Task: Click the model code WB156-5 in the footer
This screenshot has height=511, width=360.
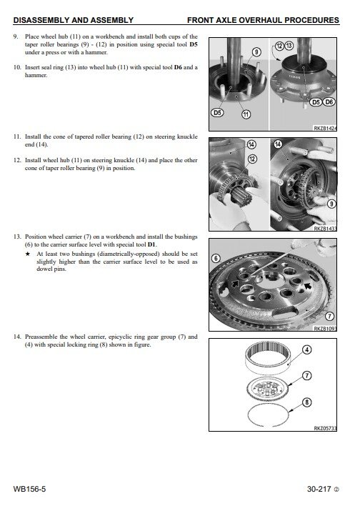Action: pyautogui.click(x=30, y=489)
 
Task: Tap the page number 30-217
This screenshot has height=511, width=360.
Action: pyautogui.click(x=319, y=489)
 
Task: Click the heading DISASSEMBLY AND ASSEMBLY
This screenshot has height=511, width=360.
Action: pyautogui.click(x=74, y=20)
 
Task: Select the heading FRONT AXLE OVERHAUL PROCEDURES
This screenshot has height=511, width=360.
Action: pyautogui.click(x=264, y=20)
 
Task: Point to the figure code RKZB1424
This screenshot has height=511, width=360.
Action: pyautogui.click(x=325, y=129)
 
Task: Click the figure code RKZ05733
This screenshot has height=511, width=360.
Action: pyautogui.click(x=325, y=428)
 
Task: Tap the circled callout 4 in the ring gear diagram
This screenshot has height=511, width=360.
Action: pyautogui.click(x=307, y=350)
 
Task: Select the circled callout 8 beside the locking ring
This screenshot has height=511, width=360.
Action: pyautogui.click(x=307, y=402)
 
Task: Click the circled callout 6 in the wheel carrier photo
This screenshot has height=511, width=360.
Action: pyautogui.click(x=216, y=259)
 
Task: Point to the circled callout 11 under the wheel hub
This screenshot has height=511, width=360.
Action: pyautogui.click(x=246, y=114)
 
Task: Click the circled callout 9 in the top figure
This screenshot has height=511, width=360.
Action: pyautogui.click(x=256, y=52)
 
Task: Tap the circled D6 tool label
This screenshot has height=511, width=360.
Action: pyautogui.click(x=329, y=102)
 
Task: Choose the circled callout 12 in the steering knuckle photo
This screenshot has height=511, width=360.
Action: pyautogui.click(x=252, y=159)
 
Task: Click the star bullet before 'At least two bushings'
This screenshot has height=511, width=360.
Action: pyautogui.click(x=28, y=254)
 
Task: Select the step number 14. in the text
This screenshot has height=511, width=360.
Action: pyautogui.click(x=17, y=337)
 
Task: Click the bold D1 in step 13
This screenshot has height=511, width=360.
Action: pyautogui.click(x=151, y=244)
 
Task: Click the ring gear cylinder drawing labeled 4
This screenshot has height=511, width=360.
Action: pyautogui.click(x=268, y=359)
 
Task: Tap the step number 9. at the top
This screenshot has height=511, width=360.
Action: pyautogui.click(x=16, y=36)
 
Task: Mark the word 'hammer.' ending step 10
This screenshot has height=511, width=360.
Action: pyautogui.click(x=36, y=75)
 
